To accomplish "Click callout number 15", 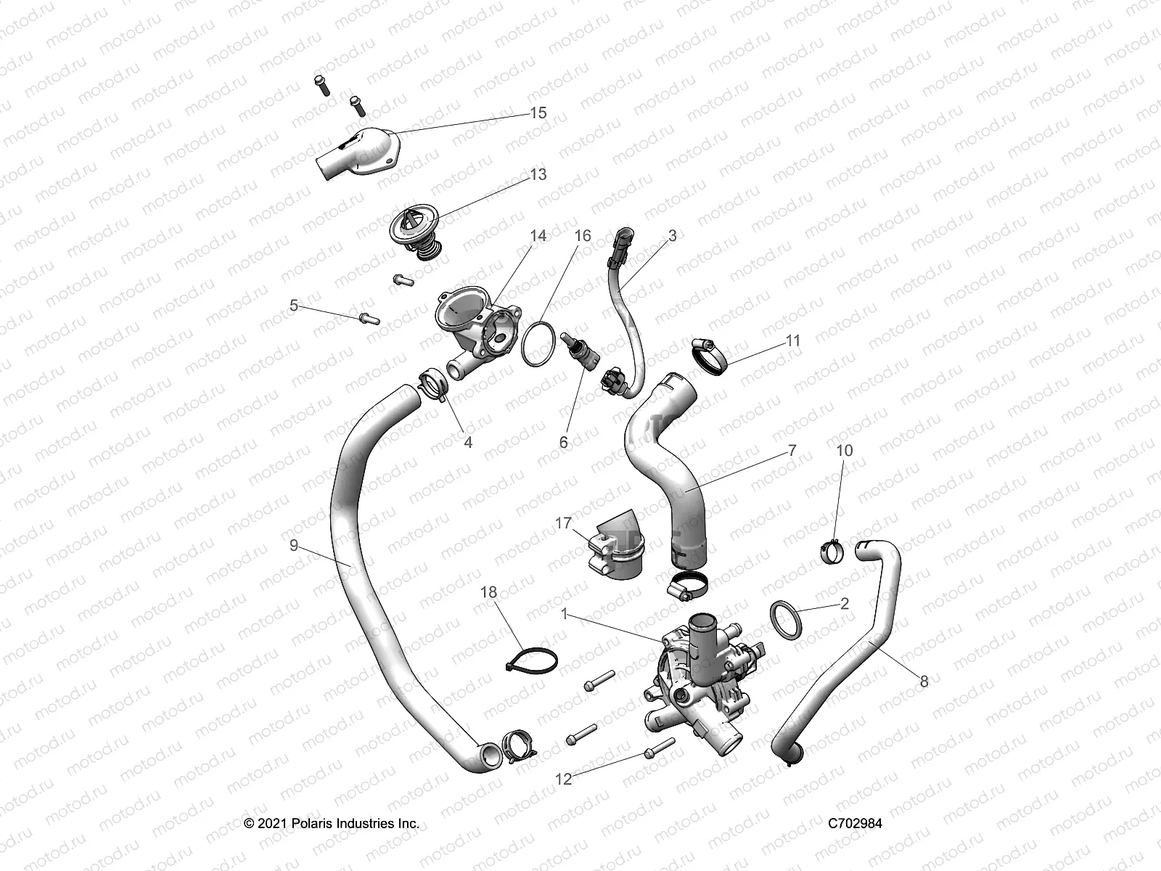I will click(x=538, y=113).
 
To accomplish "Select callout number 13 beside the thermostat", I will click(x=538, y=174).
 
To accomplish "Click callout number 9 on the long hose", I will click(x=294, y=544).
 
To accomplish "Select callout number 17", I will click(x=563, y=523).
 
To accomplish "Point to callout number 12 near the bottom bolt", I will click(x=563, y=779).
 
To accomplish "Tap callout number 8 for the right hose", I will click(x=924, y=682).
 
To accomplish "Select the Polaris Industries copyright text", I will click(x=332, y=824).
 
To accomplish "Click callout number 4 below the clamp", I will click(x=468, y=442).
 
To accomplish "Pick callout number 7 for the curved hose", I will click(x=792, y=451).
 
